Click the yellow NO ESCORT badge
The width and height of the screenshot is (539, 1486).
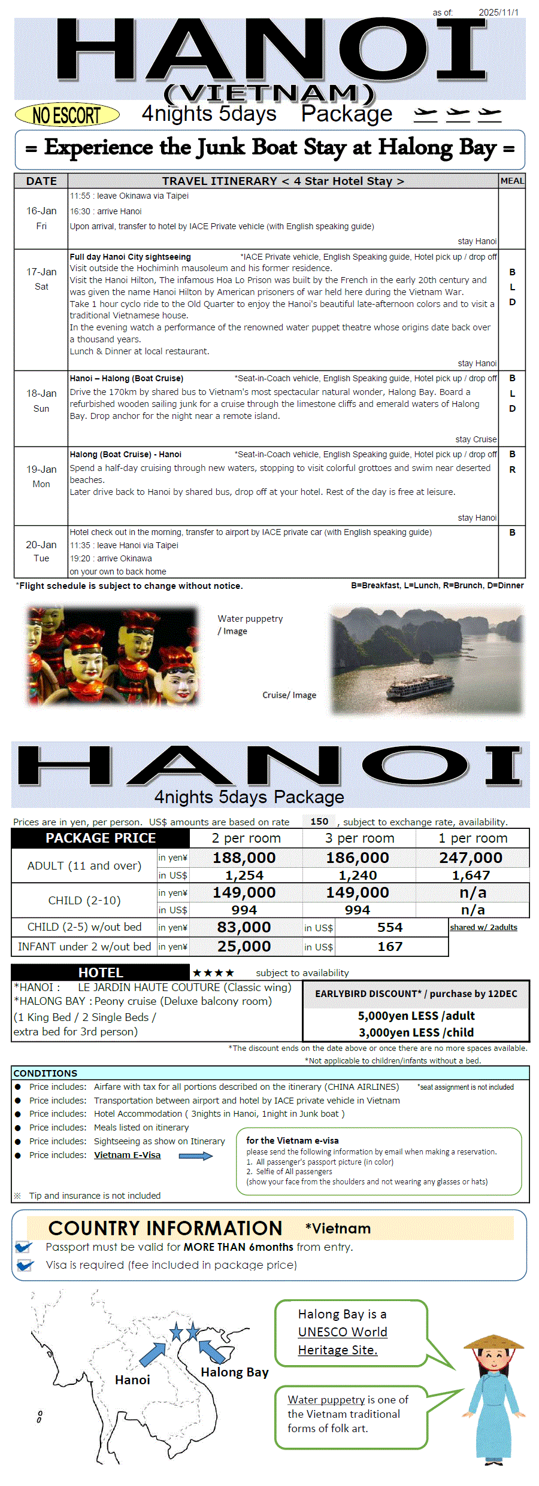click(x=66, y=114)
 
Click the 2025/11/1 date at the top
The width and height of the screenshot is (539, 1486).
click(x=498, y=12)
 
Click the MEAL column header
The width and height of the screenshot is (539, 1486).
click(x=512, y=181)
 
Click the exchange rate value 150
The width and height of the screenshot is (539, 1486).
click(x=319, y=822)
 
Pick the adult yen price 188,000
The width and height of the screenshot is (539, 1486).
click(x=244, y=858)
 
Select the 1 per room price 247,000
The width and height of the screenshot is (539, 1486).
click(x=471, y=858)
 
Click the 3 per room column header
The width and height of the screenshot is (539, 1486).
click(x=359, y=838)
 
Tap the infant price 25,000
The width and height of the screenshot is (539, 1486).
click(x=244, y=946)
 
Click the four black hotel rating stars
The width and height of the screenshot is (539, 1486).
click(x=213, y=973)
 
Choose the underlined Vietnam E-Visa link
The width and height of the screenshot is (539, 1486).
click(x=127, y=1155)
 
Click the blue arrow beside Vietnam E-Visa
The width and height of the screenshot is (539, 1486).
click(x=196, y=1156)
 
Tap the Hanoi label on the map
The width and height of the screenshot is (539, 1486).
click(x=132, y=1379)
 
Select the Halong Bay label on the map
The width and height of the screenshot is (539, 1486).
click(x=234, y=1372)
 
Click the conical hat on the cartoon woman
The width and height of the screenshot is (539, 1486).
click(x=493, y=1341)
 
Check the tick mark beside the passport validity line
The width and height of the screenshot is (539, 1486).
click(x=24, y=1247)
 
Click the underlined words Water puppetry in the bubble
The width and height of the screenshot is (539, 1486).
click(x=326, y=1399)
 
